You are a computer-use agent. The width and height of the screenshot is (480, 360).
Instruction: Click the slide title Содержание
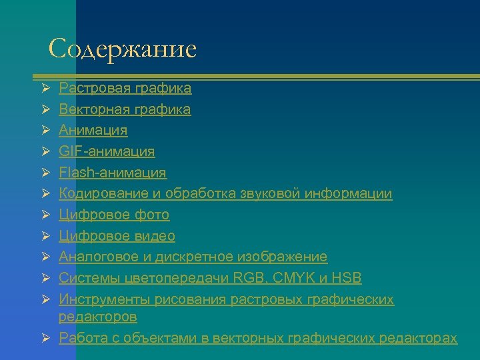[123, 49]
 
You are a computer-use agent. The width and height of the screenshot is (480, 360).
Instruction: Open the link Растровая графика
[125, 88]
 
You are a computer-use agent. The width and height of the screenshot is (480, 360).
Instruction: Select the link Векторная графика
[125, 109]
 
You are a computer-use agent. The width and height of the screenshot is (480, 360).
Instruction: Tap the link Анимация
[93, 130]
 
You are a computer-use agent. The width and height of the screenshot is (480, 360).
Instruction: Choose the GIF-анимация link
[107, 151]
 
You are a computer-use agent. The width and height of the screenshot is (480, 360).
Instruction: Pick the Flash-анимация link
[113, 173]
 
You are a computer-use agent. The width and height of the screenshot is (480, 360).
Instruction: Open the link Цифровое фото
[114, 215]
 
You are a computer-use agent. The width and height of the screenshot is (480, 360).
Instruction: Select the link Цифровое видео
[117, 236]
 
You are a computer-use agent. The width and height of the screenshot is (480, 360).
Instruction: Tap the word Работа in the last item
[81, 338]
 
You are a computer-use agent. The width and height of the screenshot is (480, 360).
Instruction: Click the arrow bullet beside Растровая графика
[44, 88]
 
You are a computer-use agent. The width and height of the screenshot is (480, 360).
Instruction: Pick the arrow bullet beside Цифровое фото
[44, 215]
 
